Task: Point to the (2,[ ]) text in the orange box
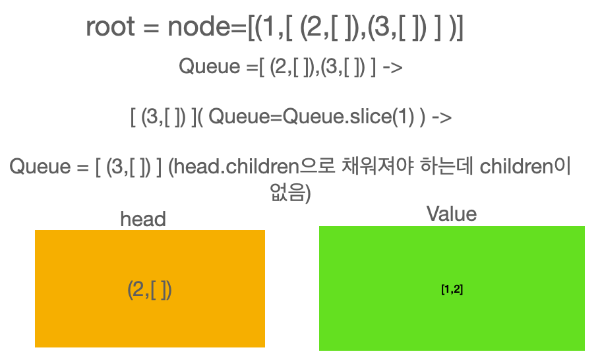tap(150, 289)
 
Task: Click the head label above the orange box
tap(143, 219)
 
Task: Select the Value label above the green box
tap(451, 214)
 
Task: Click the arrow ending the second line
tap(392, 67)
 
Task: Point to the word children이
tap(524, 166)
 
